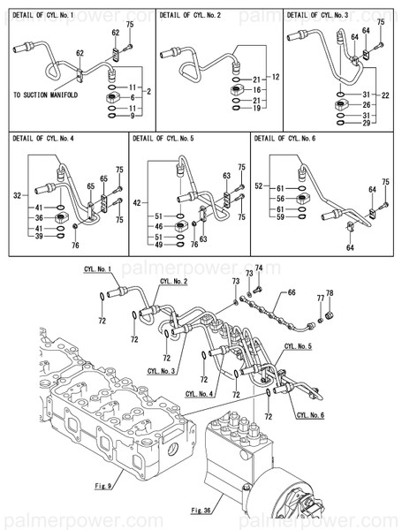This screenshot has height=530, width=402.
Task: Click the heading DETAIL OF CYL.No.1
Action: [x=45, y=16]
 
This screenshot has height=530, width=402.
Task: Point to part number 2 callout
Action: [x=148, y=91]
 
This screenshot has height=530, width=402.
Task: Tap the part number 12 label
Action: [x=275, y=78]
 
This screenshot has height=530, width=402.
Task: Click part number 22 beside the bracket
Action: [x=385, y=95]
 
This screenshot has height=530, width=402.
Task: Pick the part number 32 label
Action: [x=17, y=195]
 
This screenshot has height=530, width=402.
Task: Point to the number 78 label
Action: [x=330, y=293]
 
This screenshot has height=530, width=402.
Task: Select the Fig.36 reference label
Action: [x=201, y=510]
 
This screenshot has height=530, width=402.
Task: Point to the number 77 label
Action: [x=320, y=299]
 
